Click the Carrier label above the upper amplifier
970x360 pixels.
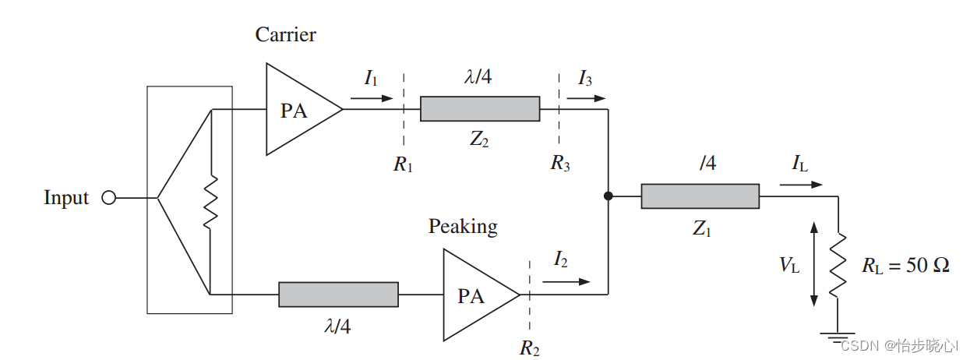285,34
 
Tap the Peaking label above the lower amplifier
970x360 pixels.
463,227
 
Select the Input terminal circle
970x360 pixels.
109,198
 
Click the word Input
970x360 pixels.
66,198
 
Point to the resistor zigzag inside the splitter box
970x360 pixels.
210,202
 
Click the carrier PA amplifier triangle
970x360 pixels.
304,109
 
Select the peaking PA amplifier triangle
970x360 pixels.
481,295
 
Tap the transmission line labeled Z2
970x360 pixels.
480,109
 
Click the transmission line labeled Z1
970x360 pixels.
700,196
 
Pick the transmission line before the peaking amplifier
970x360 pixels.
338,295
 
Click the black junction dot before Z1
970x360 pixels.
608,196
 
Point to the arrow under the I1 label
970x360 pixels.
372,98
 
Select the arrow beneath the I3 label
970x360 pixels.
586,98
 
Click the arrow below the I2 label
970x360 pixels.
566,282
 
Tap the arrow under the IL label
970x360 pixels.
801,185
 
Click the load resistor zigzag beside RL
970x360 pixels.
838,266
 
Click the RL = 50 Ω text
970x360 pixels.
905,265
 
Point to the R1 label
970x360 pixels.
403,164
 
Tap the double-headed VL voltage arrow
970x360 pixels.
814,264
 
